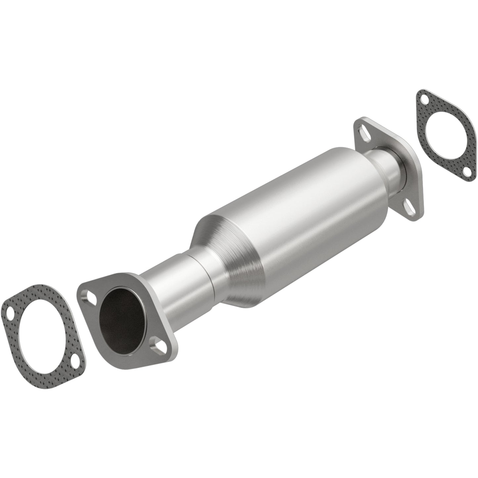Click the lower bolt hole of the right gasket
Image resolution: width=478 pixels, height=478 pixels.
click(466, 171)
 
